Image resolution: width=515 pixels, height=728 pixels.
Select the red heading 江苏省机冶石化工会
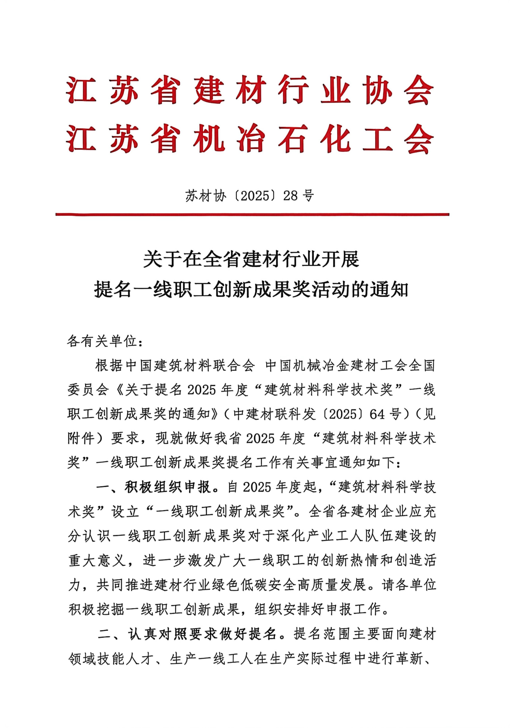point(250,139)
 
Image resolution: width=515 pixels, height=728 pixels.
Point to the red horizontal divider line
point(252,214)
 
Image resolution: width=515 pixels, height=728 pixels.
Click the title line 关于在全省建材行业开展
point(251,259)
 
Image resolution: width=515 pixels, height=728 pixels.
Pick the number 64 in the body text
point(377,414)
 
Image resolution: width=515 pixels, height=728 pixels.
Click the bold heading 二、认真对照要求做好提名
point(187,634)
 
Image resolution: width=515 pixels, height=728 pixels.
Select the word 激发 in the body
point(203,561)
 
